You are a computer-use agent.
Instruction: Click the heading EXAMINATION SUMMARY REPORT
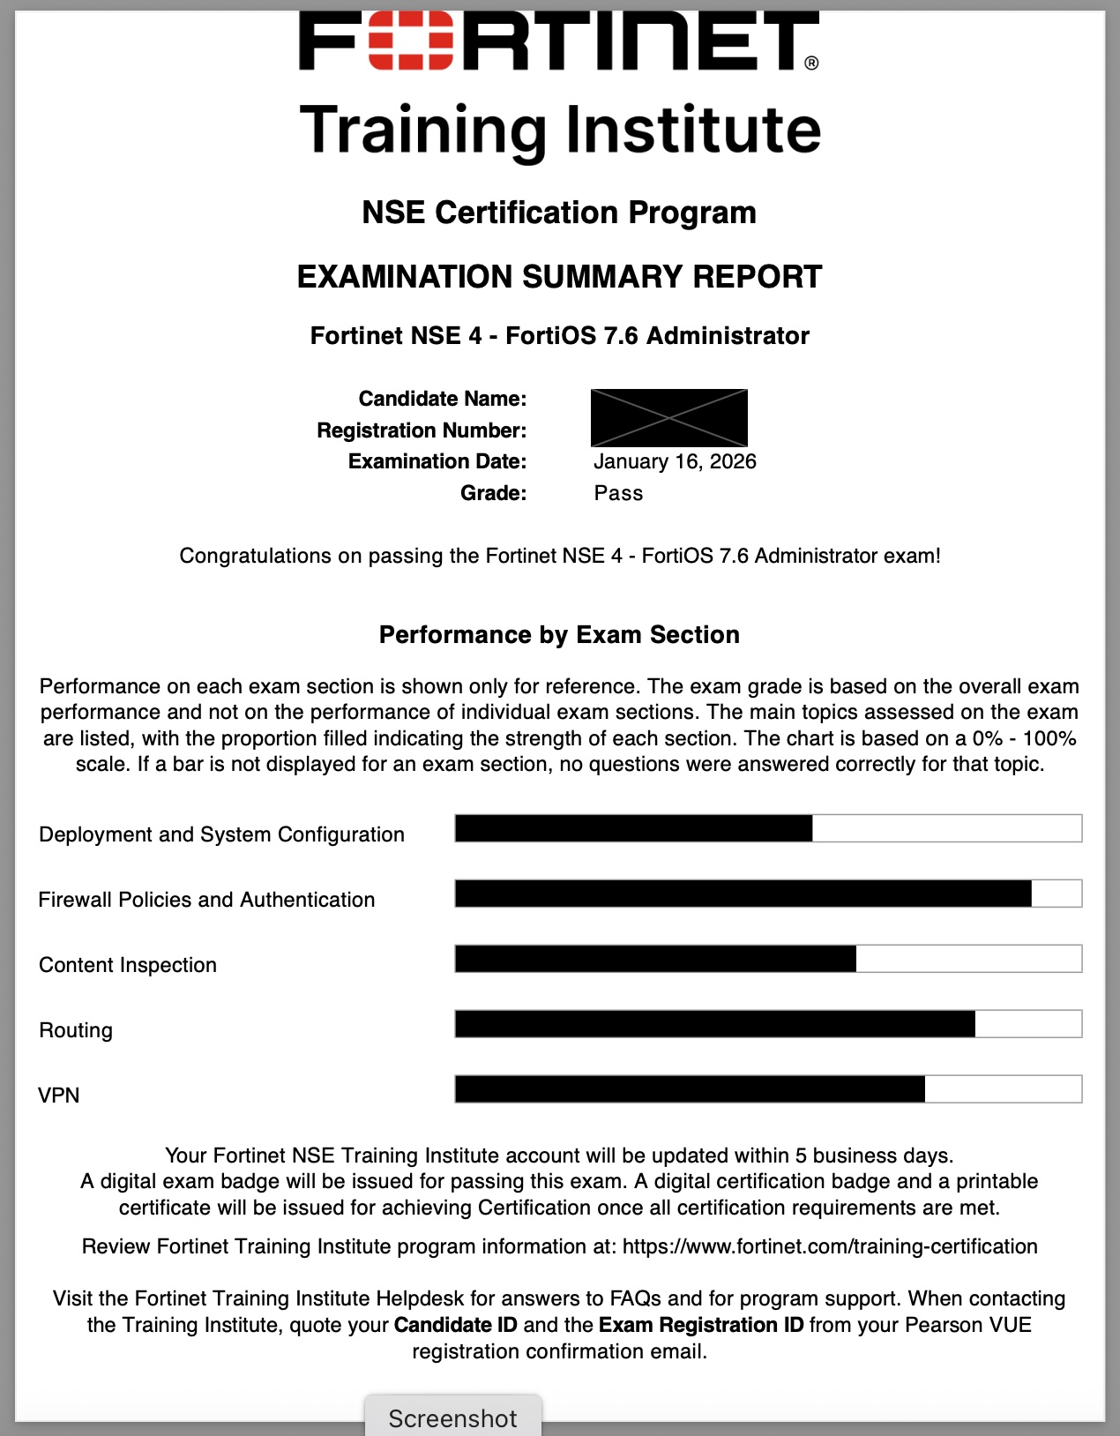(x=559, y=277)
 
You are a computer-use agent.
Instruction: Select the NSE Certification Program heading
(x=559, y=213)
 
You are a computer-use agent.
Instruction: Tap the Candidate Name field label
(x=442, y=399)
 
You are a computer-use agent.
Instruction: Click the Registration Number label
(x=422, y=430)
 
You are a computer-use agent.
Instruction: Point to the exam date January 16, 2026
(x=675, y=461)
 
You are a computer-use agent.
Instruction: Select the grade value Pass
(x=618, y=493)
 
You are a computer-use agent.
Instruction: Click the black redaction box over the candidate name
(x=668, y=417)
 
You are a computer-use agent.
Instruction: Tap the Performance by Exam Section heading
(x=559, y=635)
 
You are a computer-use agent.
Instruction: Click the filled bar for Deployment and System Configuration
(x=633, y=828)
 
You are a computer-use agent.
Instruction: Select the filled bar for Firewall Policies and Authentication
(x=743, y=894)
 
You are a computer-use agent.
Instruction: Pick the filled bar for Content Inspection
(x=655, y=959)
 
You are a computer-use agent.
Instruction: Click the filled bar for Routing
(x=714, y=1024)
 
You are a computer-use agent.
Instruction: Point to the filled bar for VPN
(x=690, y=1089)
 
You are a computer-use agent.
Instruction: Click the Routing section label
(x=76, y=1030)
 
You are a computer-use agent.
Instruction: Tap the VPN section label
(x=59, y=1096)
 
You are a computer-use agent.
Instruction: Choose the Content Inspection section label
(x=128, y=965)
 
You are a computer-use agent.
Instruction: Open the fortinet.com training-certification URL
(x=829, y=1246)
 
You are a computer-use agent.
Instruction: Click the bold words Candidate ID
(x=455, y=1325)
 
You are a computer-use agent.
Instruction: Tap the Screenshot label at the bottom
(x=452, y=1418)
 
